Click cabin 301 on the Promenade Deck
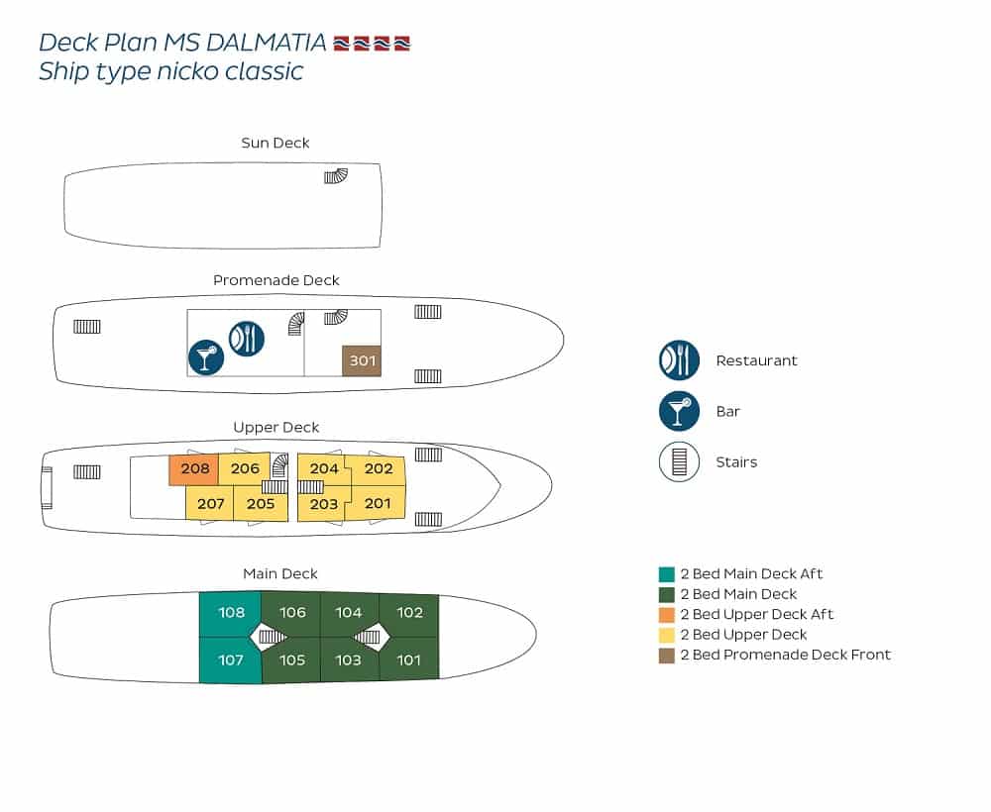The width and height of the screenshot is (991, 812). point(362,360)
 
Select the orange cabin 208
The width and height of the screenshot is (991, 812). point(194,469)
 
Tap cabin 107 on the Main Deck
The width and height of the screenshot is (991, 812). point(230,660)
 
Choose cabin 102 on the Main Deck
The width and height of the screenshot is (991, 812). point(409,613)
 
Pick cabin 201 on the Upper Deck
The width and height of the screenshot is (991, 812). point(378,503)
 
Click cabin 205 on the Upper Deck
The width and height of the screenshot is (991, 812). point(261,504)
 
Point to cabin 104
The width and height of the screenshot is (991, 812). point(349,613)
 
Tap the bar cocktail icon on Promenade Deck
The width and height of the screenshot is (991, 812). point(206,357)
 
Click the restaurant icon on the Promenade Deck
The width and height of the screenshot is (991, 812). point(247,339)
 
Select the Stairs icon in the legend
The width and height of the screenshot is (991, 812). point(679,461)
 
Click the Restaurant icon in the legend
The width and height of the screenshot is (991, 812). point(679,360)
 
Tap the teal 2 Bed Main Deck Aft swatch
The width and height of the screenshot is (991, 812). point(666,574)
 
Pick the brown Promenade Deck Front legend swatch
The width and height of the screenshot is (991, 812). point(666,656)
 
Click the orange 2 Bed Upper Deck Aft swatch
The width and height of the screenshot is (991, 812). point(666,614)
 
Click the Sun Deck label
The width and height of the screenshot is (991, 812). point(275,143)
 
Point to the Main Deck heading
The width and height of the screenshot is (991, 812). point(280,573)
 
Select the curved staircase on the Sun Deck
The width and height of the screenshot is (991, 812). point(336,175)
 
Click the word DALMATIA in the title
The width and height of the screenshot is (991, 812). point(266,43)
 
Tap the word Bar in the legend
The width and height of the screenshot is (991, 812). point(727,412)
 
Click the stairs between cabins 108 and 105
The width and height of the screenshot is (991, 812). point(272,637)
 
